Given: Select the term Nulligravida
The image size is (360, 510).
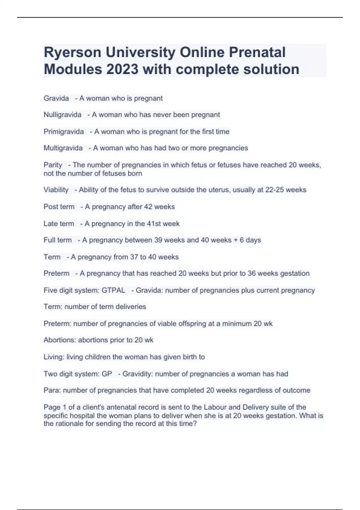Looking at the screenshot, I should point(62,115).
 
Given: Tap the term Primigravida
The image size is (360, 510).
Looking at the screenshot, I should point(64,131).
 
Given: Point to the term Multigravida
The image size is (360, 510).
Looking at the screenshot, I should point(63,148).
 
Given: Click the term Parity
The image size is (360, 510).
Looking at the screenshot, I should point(53,165).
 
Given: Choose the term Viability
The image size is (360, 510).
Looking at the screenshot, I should point(56,190).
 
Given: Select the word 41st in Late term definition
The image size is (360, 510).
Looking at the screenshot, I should point(155,223).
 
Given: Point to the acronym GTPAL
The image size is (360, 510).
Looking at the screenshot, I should point(113,290).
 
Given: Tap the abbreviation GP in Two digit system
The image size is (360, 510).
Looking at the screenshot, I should point(107,374).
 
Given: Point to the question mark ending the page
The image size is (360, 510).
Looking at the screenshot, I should point(195,424).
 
